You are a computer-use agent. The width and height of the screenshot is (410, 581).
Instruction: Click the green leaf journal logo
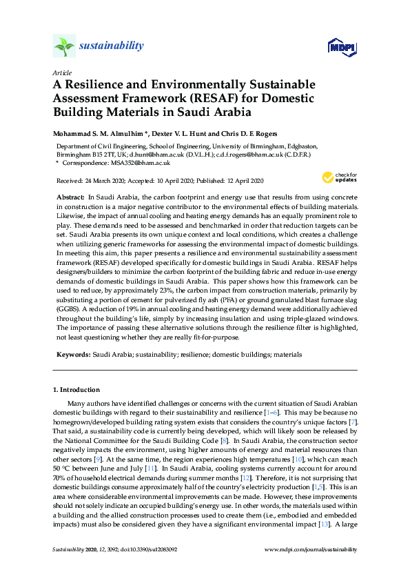(x=64, y=46)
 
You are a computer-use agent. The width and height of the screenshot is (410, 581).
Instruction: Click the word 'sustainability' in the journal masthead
(x=111, y=46)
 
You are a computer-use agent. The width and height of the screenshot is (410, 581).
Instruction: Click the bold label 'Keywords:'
(x=72, y=353)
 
